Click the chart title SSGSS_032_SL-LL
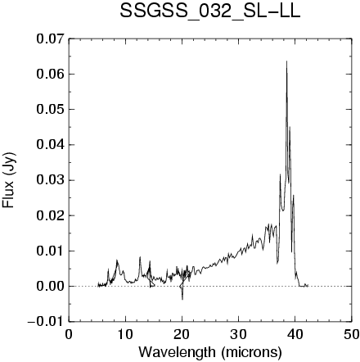click(210, 12)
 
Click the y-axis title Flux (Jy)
click(8, 180)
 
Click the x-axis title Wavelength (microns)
click(210, 352)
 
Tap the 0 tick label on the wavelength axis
click(69, 335)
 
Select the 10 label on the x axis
click(125, 335)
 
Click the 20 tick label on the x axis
click(182, 335)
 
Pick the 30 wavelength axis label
click(238, 335)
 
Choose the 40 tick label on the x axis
click(295, 335)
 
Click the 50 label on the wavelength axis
click(351, 335)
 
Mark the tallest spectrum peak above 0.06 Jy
click(286, 61)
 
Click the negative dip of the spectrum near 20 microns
click(182, 299)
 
